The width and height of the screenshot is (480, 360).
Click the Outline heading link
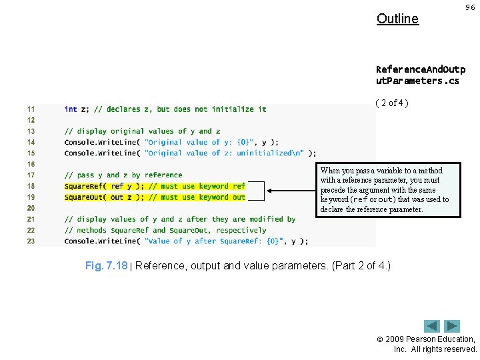[397, 19]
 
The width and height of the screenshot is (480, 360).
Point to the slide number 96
[469, 7]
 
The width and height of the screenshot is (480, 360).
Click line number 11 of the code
[31, 109]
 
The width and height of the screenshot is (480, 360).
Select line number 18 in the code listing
[31, 186]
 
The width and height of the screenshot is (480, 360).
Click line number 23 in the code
[31, 241]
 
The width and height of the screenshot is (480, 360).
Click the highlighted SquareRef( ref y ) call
[103, 186]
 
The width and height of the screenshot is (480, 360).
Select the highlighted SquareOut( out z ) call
[103, 197]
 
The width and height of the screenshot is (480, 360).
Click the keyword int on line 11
[70, 109]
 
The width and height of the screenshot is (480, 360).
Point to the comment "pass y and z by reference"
[123, 175]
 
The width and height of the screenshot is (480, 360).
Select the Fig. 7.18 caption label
[106, 266]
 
